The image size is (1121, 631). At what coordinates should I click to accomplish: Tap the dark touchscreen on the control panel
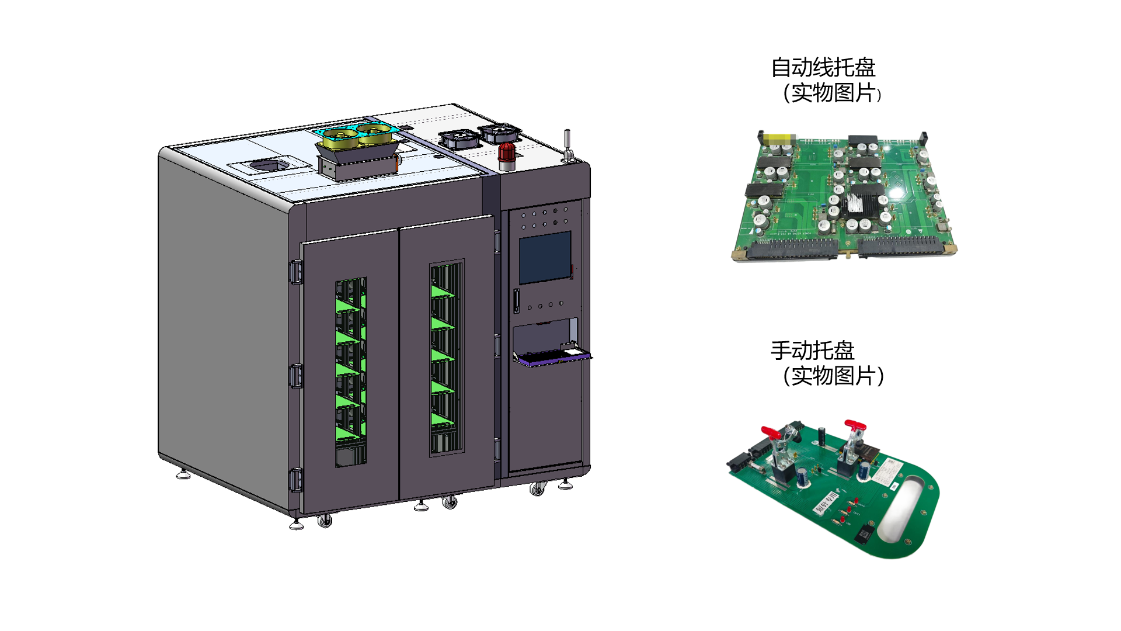[545, 257]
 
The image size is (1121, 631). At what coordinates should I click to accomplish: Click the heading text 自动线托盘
[823, 68]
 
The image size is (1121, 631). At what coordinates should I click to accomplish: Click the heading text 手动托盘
[813, 351]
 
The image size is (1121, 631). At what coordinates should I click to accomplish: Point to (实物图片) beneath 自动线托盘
[832, 93]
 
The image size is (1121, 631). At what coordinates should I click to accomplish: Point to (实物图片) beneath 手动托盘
[834, 376]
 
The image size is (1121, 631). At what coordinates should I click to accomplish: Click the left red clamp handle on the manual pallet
[771, 433]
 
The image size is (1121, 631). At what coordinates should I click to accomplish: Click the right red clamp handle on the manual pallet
[854, 425]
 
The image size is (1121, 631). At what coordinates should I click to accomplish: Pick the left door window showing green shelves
[351, 372]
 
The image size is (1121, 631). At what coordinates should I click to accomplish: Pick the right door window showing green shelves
[447, 358]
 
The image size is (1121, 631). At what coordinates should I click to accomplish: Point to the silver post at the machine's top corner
[567, 145]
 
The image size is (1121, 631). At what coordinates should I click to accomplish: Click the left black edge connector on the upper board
[792, 249]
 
